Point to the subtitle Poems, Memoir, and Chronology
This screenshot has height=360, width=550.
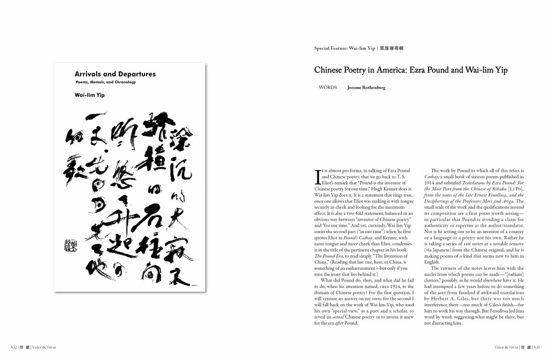[x=105, y=82]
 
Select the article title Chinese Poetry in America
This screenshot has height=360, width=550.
[x=411, y=70]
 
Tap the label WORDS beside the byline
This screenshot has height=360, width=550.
[x=328, y=87]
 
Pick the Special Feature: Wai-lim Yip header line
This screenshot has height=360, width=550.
[x=359, y=48]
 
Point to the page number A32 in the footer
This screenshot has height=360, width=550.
[x=15, y=347]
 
